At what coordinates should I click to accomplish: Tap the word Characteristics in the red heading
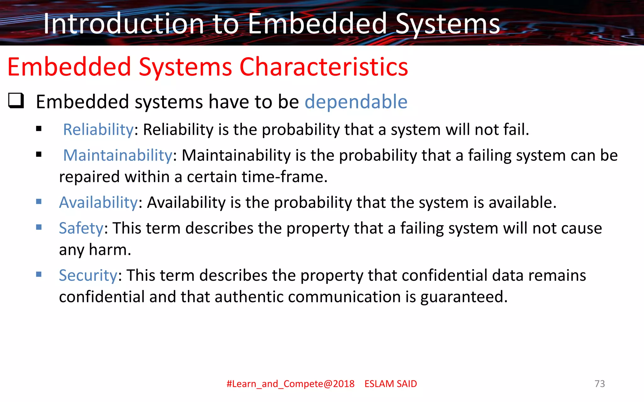(324, 67)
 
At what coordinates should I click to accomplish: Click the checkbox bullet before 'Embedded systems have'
(16, 101)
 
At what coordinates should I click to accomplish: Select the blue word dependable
(356, 102)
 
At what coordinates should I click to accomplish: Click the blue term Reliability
(98, 129)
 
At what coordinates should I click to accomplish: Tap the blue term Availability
(98, 202)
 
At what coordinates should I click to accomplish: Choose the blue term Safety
(81, 228)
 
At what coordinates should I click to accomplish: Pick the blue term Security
(88, 275)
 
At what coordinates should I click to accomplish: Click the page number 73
(600, 383)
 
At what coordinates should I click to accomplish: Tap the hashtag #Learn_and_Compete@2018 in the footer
(290, 384)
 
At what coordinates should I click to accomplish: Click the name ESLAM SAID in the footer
(391, 384)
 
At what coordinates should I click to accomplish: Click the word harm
(110, 250)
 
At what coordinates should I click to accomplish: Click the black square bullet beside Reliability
(39, 129)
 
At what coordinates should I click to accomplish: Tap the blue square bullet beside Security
(39, 274)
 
